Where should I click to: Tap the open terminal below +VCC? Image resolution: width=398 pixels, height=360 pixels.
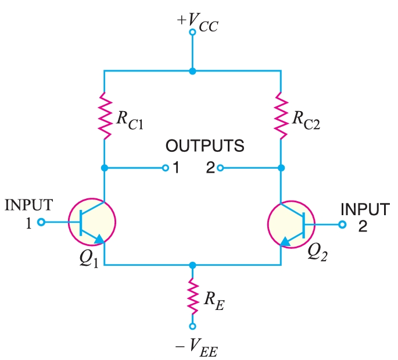click(x=193, y=34)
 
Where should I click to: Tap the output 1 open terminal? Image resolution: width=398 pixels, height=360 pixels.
click(x=166, y=169)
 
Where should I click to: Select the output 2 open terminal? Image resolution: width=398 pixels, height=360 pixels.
click(x=220, y=169)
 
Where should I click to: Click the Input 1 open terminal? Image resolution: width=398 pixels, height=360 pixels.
click(x=41, y=222)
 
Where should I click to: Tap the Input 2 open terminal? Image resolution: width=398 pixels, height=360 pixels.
click(x=343, y=223)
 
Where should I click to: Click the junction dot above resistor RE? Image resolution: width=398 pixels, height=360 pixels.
click(x=193, y=265)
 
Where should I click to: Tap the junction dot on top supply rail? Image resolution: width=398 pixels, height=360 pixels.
click(x=193, y=71)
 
